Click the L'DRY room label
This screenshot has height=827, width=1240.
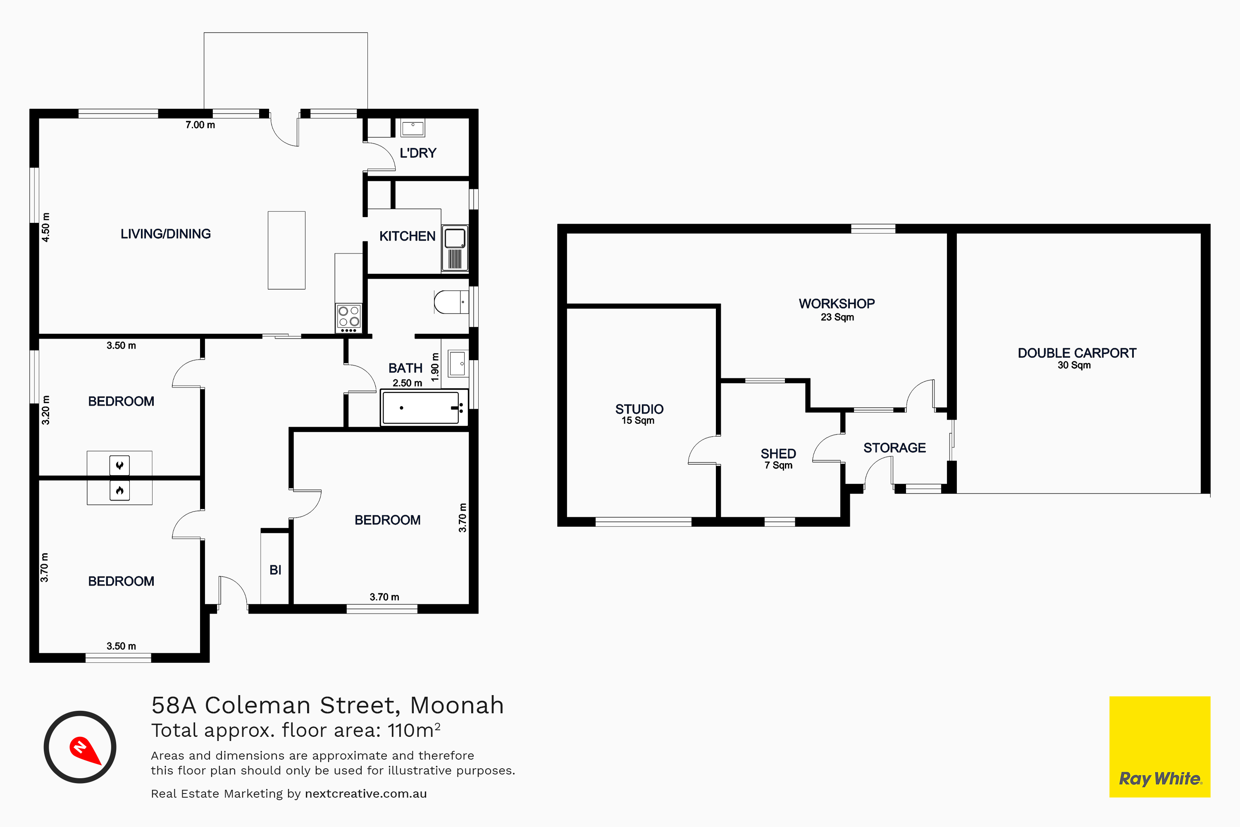tap(418, 153)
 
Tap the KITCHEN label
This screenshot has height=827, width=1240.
tap(408, 236)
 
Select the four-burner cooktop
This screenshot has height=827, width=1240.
tap(349, 318)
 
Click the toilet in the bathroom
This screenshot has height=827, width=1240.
tap(451, 302)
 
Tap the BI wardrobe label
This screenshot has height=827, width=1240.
tap(275, 570)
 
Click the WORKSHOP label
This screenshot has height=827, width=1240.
tap(837, 304)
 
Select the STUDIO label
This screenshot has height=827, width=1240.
tap(639, 409)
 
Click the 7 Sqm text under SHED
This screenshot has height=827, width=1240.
tap(779, 465)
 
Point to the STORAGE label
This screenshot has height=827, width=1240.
tap(895, 448)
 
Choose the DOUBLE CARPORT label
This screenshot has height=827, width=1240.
tap(1077, 353)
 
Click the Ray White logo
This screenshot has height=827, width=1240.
tap(1160, 747)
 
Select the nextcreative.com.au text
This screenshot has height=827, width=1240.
tap(366, 794)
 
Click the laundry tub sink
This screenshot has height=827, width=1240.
tap(413, 128)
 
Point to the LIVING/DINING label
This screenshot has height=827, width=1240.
tap(166, 234)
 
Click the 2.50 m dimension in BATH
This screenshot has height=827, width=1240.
tap(407, 383)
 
